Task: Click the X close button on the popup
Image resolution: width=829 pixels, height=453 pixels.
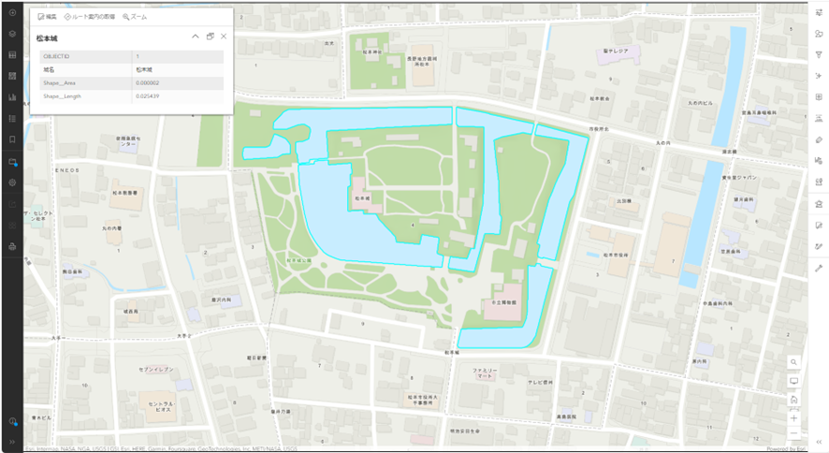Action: (x=224, y=37)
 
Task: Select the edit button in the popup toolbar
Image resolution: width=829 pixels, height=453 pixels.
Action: (x=47, y=17)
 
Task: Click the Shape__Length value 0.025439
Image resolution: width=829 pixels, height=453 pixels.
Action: (x=147, y=96)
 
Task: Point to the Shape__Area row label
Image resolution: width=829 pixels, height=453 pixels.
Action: (x=60, y=83)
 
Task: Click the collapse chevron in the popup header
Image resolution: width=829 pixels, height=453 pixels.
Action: (x=196, y=37)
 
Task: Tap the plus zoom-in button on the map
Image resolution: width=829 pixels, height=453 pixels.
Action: (x=793, y=417)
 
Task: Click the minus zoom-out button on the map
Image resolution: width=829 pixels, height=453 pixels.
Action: (x=793, y=433)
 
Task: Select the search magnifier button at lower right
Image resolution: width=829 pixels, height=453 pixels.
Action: (x=793, y=361)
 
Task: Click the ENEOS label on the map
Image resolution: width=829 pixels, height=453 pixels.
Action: (x=65, y=170)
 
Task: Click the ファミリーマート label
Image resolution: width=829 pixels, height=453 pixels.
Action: (x=484, y=373)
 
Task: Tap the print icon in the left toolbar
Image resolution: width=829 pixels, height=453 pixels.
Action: (x=12, y=247)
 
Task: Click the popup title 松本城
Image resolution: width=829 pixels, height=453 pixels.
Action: (x=47, y=37)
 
